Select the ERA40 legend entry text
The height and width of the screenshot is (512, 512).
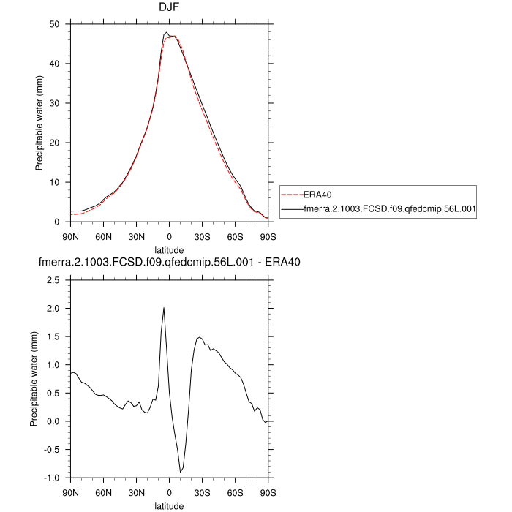tap(316, 195)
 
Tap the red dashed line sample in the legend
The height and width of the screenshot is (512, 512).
tap(291, 195)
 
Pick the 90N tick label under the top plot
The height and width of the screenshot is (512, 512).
tap(70, 236)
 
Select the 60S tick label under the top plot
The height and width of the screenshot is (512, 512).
tap(236, 236)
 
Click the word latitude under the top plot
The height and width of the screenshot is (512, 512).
tap(169, 250)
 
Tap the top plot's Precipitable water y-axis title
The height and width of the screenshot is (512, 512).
tap(39, 123)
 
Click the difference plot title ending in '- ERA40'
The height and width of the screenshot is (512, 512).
tap(169, 261)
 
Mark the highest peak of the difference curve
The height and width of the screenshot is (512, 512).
tap(164, 307)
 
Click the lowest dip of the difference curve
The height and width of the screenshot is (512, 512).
tap(180, 473)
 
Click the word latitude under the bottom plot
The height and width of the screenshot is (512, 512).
tap(169, 505)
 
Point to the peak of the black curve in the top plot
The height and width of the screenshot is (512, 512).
tap(166, 32)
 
